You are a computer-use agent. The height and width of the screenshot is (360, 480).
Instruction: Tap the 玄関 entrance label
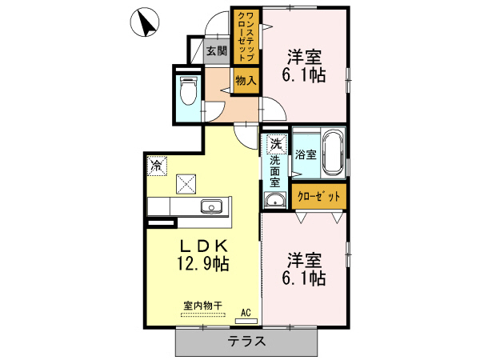[216, 51]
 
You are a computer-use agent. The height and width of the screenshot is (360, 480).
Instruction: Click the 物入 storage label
[246, 79]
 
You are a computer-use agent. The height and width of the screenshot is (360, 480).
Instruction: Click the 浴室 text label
[305, 153]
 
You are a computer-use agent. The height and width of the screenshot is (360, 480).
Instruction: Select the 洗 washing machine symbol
[276, 145]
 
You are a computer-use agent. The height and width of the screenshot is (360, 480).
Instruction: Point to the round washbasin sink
[274, 199]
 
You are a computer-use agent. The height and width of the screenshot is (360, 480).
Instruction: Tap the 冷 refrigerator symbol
[155, 167]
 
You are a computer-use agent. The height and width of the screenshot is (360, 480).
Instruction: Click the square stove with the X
[186, 184]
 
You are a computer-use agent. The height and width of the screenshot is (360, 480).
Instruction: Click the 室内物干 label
[202, 305]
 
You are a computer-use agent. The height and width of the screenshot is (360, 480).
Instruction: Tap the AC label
[246, 312]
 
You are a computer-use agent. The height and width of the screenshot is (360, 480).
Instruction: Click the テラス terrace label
[246, 342]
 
